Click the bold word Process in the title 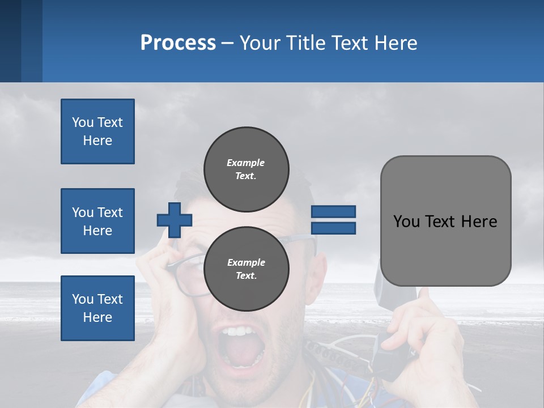click(x=178, y=43)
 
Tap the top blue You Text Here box click(x=97, y=131)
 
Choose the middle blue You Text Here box click(x=97, y=221)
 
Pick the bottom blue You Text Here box click(x=97, y=308)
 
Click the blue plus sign click(x=175, y=220)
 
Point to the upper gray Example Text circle click(x=246, y=169)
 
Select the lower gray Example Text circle click(x=246, y=269)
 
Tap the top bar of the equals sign click(x=333, y=211)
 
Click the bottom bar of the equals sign click(x=333, y=228)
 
